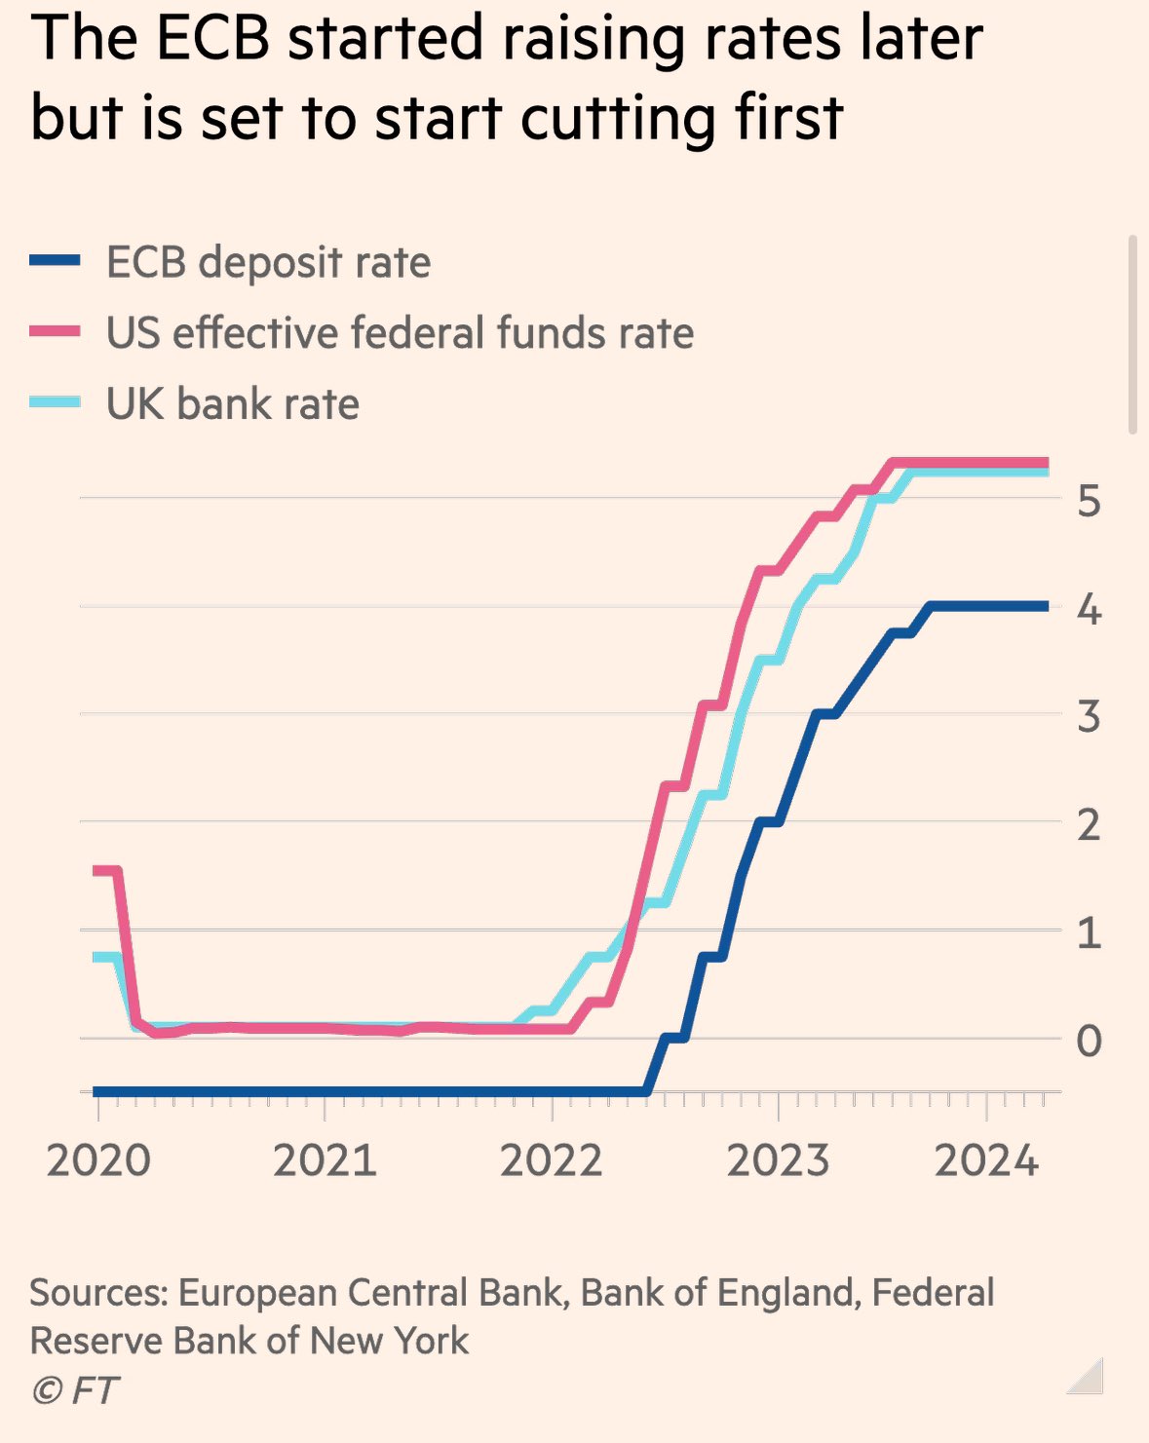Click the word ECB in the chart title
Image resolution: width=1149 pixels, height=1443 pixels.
(x=211, y=39)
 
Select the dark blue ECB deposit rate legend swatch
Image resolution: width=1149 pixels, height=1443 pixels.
(x=55, y=261)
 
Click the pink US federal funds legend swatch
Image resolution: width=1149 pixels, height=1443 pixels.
(x=55, y=332)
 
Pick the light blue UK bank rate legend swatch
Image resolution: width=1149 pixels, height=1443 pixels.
(x=55, y=402)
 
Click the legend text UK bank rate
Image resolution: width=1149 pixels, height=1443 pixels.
(x=232, y=404)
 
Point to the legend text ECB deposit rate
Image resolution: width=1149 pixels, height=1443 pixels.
(x=268, y=263)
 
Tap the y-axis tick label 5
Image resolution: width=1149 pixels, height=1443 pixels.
(x=1089, y=502)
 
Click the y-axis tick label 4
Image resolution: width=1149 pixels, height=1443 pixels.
(x=1089, y=611)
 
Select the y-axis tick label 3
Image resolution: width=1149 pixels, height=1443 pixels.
(x=1089, y=717)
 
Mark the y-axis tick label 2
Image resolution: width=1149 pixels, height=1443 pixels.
(x=1089, y=825)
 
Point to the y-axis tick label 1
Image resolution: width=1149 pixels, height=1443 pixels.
(x=1089, y=933)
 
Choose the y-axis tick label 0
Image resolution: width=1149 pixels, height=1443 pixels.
(x=1089, y=1041)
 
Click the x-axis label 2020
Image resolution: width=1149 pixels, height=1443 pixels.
(x=98, y=1160)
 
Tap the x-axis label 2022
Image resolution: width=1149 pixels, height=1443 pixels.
(x=552, y=1160)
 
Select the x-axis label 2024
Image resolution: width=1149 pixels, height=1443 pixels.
(x=986, y=1160)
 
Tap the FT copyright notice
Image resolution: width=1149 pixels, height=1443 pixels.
(x=75, y=1390)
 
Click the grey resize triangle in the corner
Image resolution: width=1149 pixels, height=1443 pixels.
(x=1088, y=1378)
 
